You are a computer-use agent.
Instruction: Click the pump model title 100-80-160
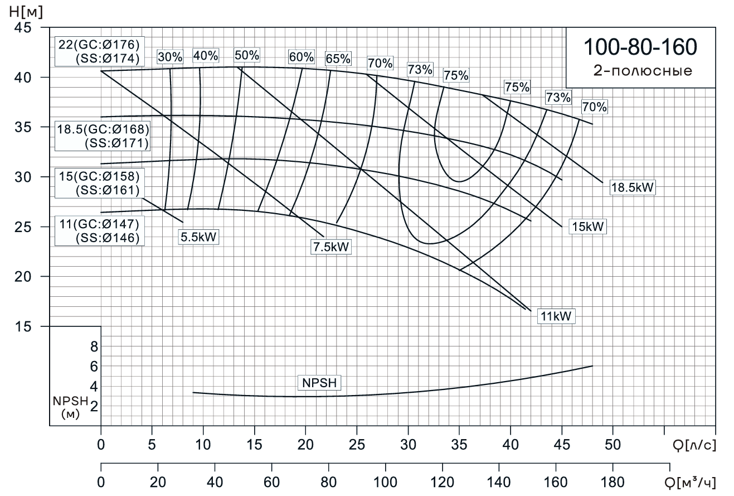coord(640,48)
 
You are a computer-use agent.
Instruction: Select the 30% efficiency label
coord(170,57)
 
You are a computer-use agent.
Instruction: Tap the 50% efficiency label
coord(246,55)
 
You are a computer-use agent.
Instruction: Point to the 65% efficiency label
coord(338,59)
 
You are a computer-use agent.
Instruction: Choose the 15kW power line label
coord(587,227)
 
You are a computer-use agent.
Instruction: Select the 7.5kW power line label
coord(332,247)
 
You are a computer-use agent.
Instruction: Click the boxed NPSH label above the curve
coord(320,383)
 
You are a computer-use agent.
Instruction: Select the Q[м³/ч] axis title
coord(691,481)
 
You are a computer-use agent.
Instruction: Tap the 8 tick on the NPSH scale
coord(94,346)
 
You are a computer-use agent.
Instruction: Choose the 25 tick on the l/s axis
coord(357,445)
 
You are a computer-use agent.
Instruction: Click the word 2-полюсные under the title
coord(640,71)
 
